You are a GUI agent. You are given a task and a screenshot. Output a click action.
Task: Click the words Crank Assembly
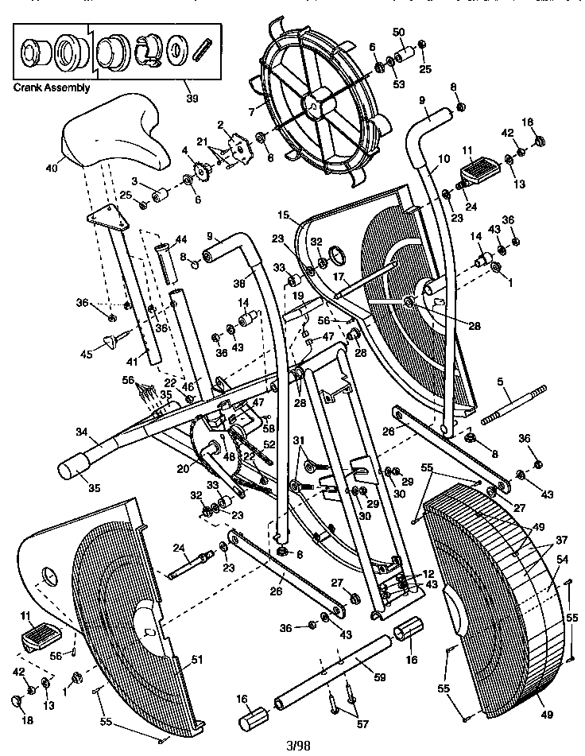click(52, 87)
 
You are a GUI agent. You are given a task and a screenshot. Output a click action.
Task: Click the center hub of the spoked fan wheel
click(316, 103)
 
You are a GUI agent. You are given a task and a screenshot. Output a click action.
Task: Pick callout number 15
click(284, 215)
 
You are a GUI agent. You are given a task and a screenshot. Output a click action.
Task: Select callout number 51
click(196, 658)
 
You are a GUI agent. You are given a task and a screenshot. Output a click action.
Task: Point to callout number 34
click(81, 434)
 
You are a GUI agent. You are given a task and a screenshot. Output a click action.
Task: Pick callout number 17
click(338, 277)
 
